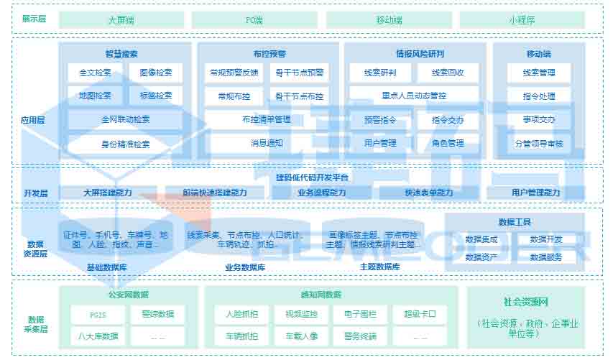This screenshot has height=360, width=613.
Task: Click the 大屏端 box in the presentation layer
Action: click(121, 19)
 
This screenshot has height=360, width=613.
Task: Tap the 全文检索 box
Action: click(95, 73)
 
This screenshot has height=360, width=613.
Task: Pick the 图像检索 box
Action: click(156, 73)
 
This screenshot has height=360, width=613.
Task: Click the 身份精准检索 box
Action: click(125, 144)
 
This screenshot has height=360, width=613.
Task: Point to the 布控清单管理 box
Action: click(267, 119)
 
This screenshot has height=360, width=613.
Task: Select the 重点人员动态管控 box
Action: click(414, 96)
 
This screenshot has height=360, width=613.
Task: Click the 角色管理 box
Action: click(448, 143)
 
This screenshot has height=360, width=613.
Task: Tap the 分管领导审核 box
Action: click(539, 144)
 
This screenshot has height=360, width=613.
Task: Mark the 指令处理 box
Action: click(539, 96)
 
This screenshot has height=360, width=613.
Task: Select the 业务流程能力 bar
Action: click(321, 193)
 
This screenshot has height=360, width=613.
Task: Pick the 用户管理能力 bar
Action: click(535, 193)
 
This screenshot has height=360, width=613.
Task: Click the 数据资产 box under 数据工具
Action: click(481, 257)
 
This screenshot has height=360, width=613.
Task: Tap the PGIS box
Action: click(97, 314)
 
